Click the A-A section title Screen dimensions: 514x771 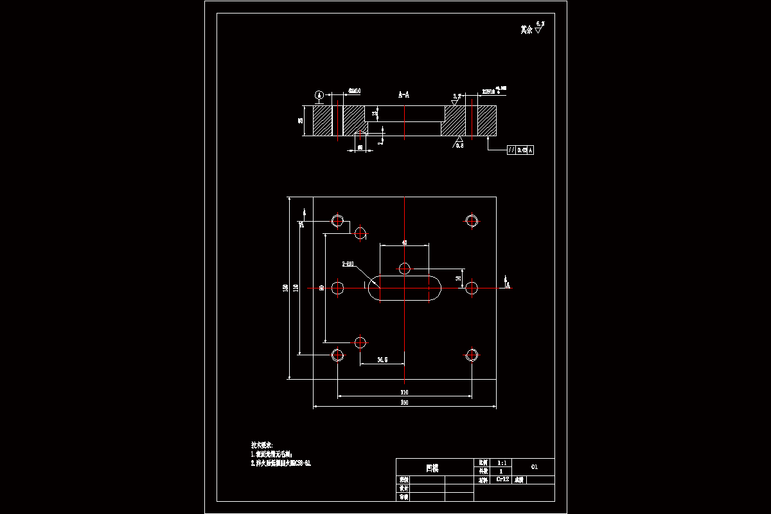click(403, 94)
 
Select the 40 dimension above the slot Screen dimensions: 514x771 click(404, 242)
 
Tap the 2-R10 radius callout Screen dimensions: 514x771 click(349, 263)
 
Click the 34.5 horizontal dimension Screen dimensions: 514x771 click(382, 360)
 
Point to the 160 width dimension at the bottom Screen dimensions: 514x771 click(404, 403)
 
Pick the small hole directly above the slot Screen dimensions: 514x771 click(405, 268)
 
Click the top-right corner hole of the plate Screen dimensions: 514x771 click(472, 220)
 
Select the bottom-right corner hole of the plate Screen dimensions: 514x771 click(472, 354)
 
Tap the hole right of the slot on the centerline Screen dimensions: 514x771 click(472, 288)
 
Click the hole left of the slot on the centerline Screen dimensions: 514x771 click(337, 288)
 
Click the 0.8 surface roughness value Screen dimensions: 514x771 click(459, 146)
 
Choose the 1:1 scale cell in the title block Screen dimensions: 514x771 click(502, 463)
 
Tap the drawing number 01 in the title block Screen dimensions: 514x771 click(534, 466)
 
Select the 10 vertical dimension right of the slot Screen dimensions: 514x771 click(458, 278)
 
